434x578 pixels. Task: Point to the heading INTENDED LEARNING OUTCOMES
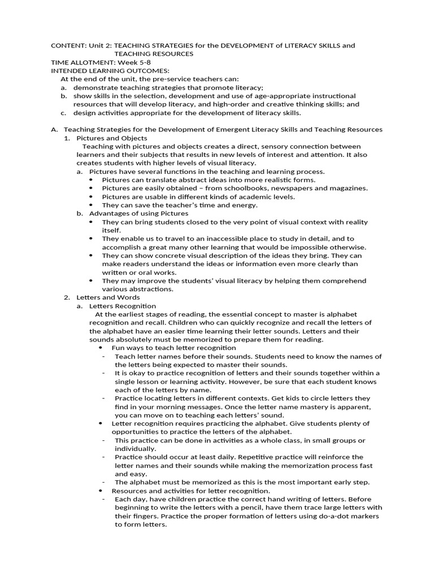[110, 71]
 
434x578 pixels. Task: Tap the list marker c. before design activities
[64, 113]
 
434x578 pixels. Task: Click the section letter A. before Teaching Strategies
[54, 129]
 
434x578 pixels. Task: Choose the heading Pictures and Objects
[112, 138]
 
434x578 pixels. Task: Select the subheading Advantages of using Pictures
[139, 213]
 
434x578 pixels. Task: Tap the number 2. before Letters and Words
[67, 297]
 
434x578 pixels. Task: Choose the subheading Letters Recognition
[123, 305]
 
